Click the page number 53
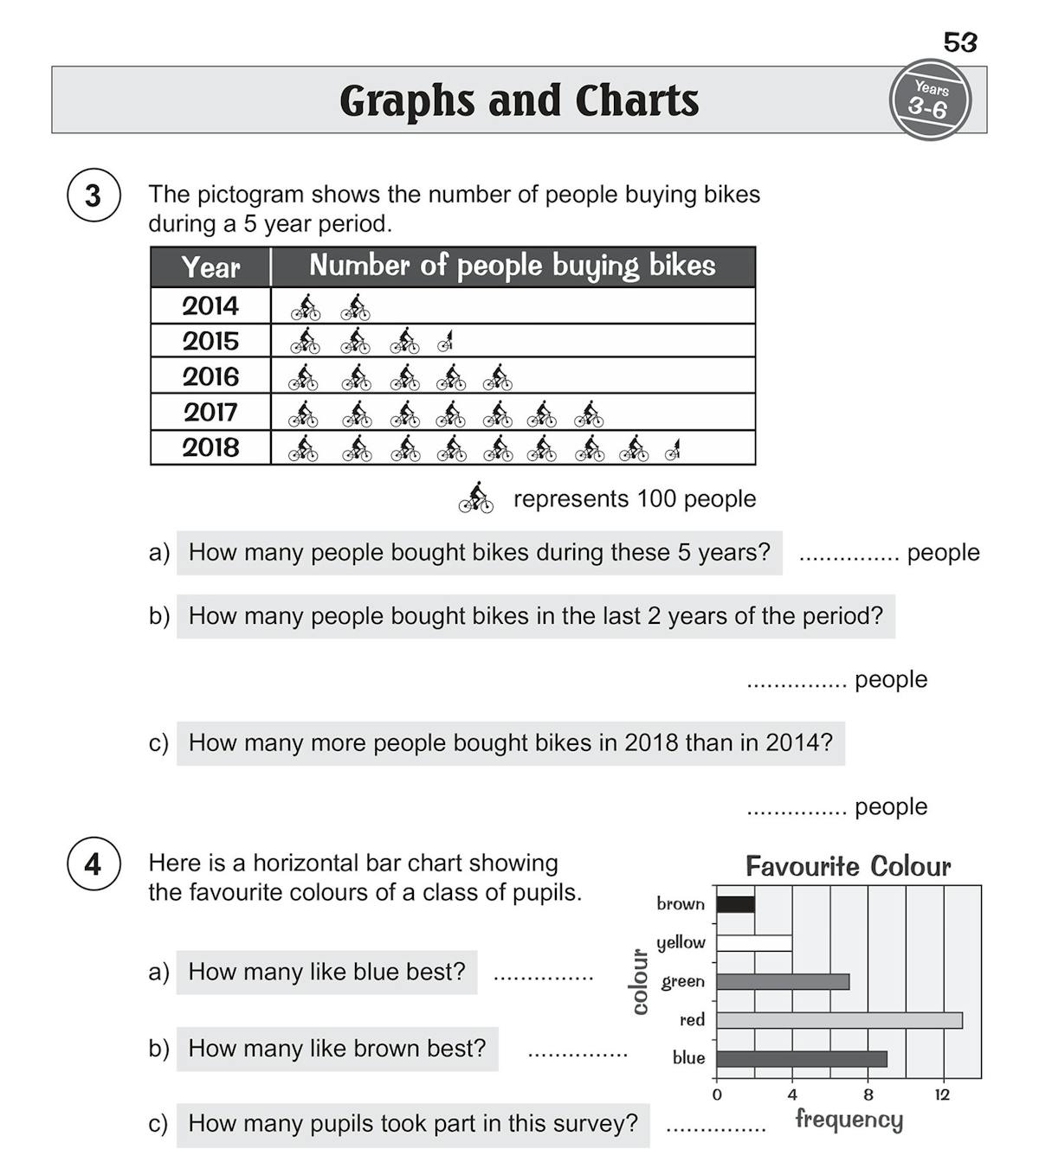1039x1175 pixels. click(x=959, y=42)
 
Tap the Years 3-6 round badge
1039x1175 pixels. click(x=930, y=100)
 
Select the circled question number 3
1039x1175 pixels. click(x=93, y=196)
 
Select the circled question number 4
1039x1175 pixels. click(x=93, y=864)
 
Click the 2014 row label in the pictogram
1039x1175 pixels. click(x=210, y=305)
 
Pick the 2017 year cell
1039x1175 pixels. click(x=210, y=412)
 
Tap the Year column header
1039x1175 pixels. click(x=210, y=266)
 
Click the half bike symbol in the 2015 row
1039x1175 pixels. click(x=447, y=342)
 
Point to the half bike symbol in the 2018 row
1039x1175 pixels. click(x=673, y=449)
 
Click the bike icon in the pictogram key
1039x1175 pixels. click(x=476, y=498)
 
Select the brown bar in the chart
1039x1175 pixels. click(x=735, y=904)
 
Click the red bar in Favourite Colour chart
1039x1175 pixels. click(x=839, y=1020)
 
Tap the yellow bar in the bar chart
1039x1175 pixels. click(x=754, y=942)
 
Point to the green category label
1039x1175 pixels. click(x=682, y=981)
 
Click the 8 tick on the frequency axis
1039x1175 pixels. click(x=868, y=1095)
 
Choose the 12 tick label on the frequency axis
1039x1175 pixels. click(x=943, y=1095)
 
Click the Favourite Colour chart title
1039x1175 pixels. click(x=848, y=866)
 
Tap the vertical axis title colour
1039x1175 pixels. click(x=640, y=981)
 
